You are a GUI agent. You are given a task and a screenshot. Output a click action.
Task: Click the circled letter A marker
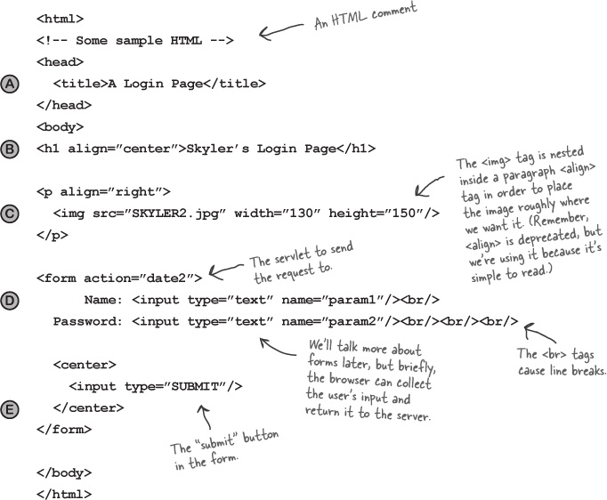pyautogui.click(x=10, y=84)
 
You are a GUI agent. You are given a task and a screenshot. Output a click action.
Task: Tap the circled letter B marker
pyautogui.click(x=10, y=149)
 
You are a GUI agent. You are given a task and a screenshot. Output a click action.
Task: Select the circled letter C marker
pyautogui.click(x=10, y=214)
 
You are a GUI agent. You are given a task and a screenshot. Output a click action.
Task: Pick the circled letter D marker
pyautogui.click(x=10, y=301)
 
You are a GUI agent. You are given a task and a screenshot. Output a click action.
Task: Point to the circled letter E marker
pyautogui.click(x=10, y=409)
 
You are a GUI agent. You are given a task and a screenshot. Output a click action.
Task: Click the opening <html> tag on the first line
pyautogui.click(x=60, y=19)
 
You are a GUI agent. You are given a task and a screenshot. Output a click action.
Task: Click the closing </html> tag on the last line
pyautogui.click(x=64, y=494)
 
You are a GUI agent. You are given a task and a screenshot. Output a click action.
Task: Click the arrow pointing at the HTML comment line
pyautogui.click(x=280, y=31)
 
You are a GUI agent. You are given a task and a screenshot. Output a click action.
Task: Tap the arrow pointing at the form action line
pyautogui.click(x=226, y=270)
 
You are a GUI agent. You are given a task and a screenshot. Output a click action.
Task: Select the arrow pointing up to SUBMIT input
pyautogui.click(x=206, y=416)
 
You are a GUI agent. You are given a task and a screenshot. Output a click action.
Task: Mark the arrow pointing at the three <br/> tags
pyautogui.click(x=539, y=333)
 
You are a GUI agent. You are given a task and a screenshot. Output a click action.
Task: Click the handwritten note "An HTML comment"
pyautogui.click(x=366, y=16)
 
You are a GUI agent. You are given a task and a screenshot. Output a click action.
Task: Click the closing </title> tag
pyautogui.click(x=235, y=84)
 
